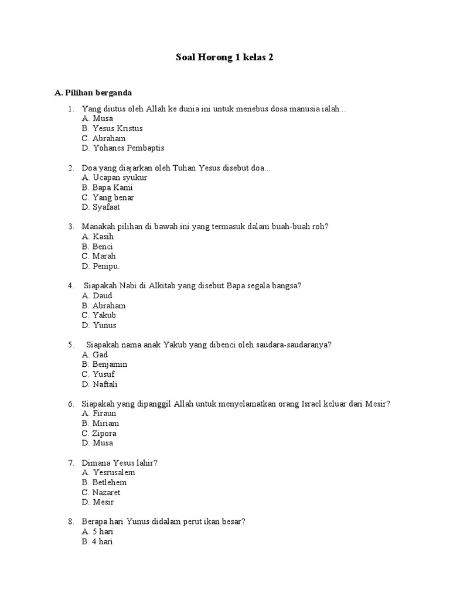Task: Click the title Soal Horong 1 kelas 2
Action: tap(225, 57)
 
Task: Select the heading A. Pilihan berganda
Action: tap(93, 93)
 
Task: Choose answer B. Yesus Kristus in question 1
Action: tap(112, 128)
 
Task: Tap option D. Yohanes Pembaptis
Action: tap(124, 148)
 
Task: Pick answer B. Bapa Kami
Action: tap(108, 187)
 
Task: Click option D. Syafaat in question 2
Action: tap(101, 207)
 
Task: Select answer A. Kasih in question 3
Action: tap(98, 237)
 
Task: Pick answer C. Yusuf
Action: tap(98, 374)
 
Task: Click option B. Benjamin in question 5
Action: tap(105, 364)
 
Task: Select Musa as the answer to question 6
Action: tap(98, 443)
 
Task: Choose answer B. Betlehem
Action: tap(105, 482)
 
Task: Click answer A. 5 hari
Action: tap(98, 531)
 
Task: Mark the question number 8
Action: tap(70, 521)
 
